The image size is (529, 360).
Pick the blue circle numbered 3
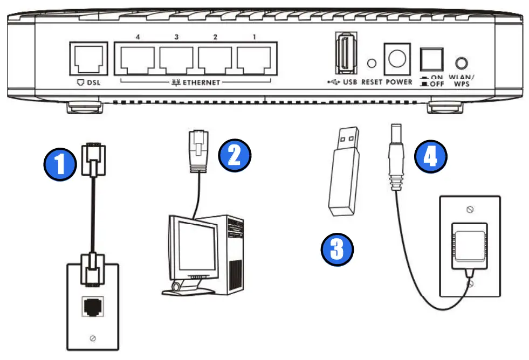click(x=336, y=249)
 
